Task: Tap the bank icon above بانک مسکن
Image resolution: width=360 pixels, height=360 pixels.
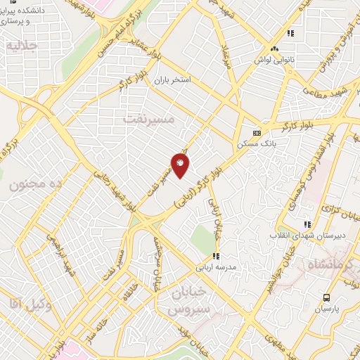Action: [257, 133]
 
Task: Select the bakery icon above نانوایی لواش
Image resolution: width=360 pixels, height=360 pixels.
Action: [274, 49]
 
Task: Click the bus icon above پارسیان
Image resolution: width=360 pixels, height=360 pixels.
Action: [326, 297]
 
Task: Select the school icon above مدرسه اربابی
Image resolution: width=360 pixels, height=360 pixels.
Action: [217, 256]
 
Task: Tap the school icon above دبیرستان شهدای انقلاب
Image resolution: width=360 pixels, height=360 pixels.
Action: [307, 224]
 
